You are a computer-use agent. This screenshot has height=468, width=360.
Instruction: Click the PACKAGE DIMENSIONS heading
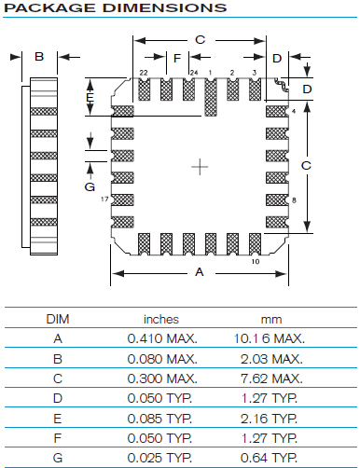click(115, 7)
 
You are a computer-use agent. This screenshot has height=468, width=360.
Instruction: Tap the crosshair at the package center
click(200, 167)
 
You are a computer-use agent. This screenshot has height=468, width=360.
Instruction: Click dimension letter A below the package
click(200, 272)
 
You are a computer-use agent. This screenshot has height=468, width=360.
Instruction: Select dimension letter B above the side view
click(39, 57)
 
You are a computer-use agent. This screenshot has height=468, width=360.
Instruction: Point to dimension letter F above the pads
click(177, 58)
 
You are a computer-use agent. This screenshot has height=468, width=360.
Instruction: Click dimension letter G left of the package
click(90, 186)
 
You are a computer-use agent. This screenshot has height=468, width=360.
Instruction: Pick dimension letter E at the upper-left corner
click(90, 98)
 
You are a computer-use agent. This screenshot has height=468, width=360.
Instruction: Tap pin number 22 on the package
click(144, 73)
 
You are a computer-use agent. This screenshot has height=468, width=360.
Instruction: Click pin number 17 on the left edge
click(104, 199)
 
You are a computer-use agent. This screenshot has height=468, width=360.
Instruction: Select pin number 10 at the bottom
click(256, 262)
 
